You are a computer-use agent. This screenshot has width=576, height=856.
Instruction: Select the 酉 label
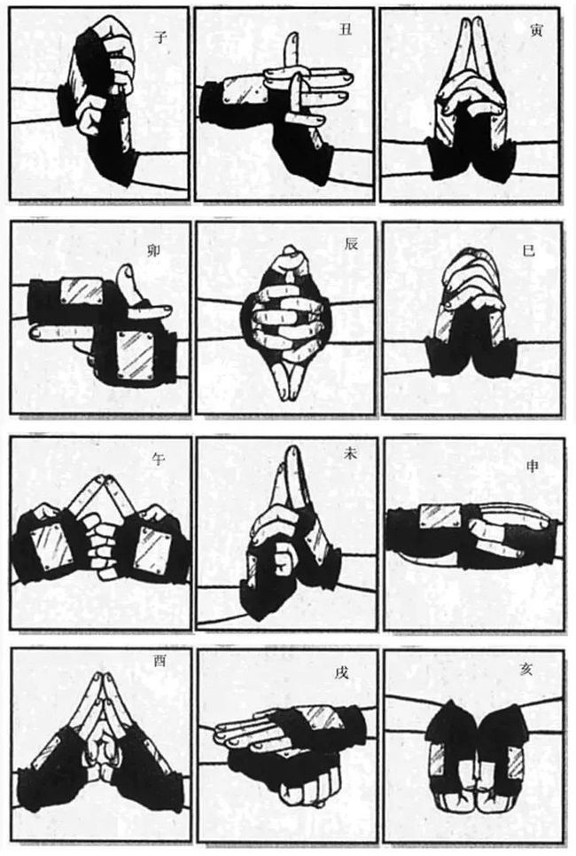click(160, 660)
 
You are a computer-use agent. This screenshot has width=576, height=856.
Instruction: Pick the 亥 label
click(530, 665)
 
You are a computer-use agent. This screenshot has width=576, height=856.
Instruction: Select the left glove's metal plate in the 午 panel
click(51, 542)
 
